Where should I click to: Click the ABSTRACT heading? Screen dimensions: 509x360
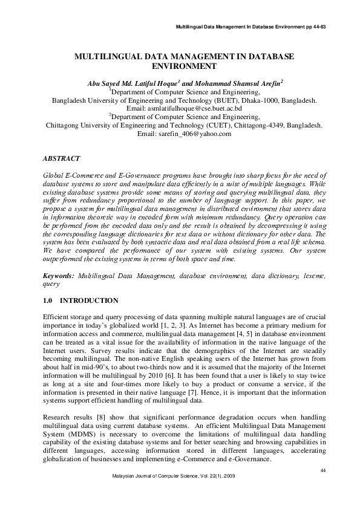(x=61, y=158)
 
